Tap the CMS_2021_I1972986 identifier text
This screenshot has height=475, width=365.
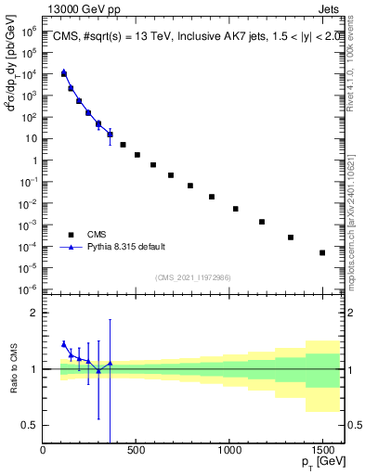[192, 277]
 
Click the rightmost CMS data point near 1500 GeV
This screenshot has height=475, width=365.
[322, 252]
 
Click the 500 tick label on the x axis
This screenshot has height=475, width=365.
[137, 452]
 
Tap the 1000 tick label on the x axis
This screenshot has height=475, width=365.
[229, 452]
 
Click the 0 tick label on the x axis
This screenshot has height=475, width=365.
[44, 452]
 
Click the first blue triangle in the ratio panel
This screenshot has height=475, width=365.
[64, 343]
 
